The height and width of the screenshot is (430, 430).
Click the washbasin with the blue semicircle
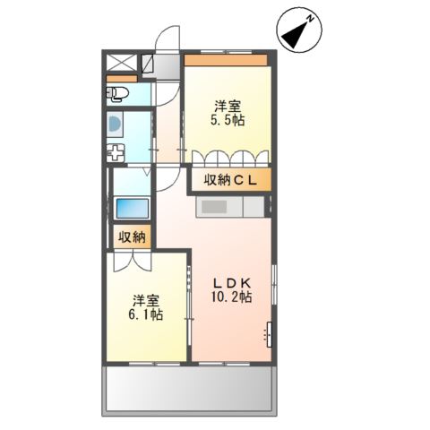[116, 124]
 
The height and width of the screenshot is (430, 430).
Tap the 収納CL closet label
[230, 181]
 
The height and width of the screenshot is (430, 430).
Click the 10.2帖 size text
[231, 297]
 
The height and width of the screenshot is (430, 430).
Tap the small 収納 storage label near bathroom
[131, 237]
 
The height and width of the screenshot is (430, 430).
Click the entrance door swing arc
[167, 40]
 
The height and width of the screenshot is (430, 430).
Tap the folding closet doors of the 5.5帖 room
[228, 158]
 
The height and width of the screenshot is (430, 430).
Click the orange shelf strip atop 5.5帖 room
[228, 61]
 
